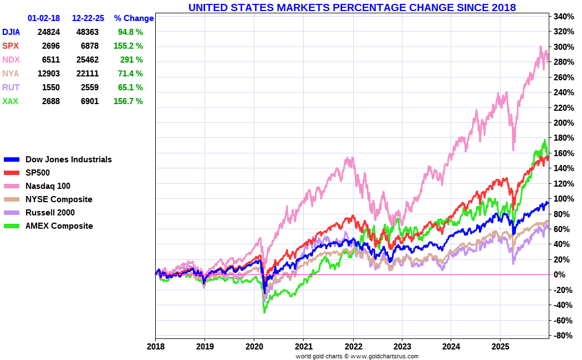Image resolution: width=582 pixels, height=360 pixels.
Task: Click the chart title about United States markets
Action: (352, 7)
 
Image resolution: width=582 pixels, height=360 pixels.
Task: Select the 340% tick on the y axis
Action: (563, 16)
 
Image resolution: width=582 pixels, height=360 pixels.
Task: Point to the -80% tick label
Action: (562, 335)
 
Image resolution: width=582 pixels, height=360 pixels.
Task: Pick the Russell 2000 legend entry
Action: (50, 213)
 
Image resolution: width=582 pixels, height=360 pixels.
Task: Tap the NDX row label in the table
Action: (11, 60)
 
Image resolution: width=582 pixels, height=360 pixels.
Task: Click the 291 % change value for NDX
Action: (131, 60)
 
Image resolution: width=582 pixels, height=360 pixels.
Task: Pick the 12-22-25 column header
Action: (88, 18)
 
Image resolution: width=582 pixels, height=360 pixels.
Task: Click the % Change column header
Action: (134, 18)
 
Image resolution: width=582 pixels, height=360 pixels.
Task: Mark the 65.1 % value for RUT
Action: (130, 88)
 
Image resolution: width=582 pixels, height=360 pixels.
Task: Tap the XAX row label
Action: (11, 101)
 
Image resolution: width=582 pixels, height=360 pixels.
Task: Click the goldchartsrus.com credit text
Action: (357, 356)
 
